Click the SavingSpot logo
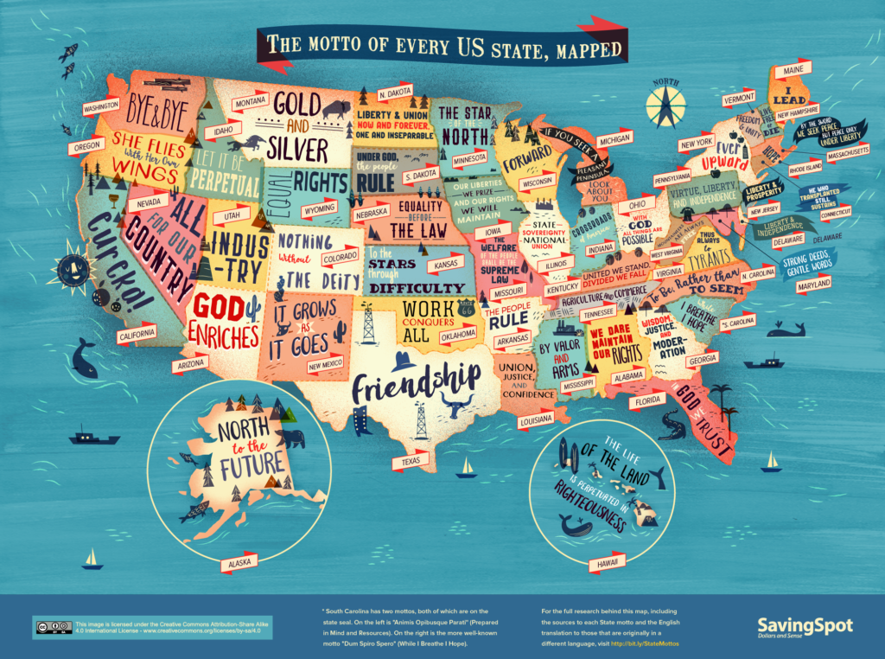(804, 626)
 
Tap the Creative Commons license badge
(52, 626)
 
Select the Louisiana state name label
(536, 421)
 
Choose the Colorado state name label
(338, 258)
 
